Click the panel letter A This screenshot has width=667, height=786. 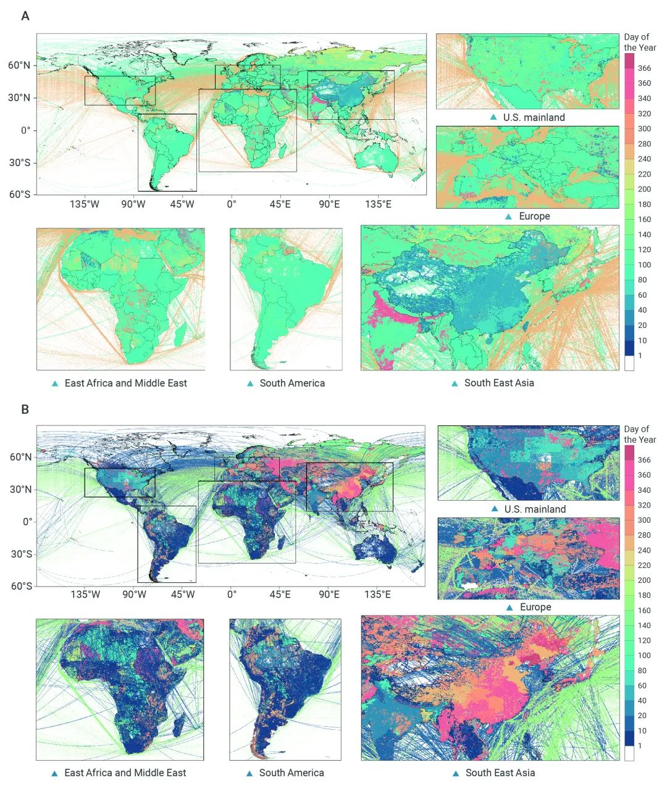[x=25, y=16]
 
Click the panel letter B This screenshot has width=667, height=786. [x=25, y=409]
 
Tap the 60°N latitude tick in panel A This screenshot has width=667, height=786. [x=19, y=65]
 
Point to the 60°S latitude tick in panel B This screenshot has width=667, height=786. [x=21, y=586]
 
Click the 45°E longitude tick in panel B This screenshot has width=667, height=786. [x=280, y=595]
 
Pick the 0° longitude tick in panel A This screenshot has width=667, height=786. [x=231, y=204]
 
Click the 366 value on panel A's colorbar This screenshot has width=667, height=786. [x=644, y=69]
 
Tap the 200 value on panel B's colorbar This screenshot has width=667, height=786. [x=644, y=580]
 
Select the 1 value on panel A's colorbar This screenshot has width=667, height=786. [x=640, y=356]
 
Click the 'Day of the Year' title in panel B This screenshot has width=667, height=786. [x=639, y=434]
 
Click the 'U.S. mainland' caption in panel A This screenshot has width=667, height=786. [x=534, y=117]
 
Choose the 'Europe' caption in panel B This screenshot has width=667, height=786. [x=535, y=607]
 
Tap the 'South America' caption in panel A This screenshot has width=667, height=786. [x=292, y=383]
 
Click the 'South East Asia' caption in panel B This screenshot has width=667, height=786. [x=500, y=772]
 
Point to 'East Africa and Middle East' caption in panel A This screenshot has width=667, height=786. [x=125, y=383]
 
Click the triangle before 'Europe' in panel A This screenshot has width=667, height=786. [x=508, y=217]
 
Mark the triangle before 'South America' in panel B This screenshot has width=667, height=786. [x=250, y=773]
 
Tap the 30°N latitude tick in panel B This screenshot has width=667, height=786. [x=21, y=490]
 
